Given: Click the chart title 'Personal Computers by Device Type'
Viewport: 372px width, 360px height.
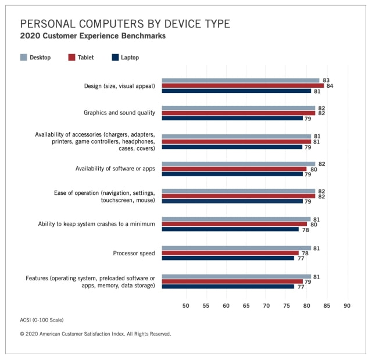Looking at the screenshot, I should pyautogui.click(x=125, y=23).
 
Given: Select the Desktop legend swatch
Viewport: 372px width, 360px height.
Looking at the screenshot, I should pyautogui.click(x=24, y=58).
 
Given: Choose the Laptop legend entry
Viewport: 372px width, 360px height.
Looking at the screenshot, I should pyautogui.click(x=125, y=58).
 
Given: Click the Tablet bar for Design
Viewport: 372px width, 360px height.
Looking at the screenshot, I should pyautogui.click(x=242, y=85).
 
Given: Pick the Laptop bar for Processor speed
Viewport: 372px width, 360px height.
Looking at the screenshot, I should pyautogui.click(x=228, y=258).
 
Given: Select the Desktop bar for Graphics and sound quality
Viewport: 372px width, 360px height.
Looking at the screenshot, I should pyautogui.click(x=238, y=108).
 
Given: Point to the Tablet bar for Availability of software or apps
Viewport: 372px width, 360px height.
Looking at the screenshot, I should pyautogui.click(x=234, y=169).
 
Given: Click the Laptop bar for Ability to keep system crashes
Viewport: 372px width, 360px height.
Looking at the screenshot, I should pyautogui.click(x=230, y=230).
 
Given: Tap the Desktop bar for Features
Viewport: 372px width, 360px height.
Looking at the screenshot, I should pyautogui.click(x=236, y=276).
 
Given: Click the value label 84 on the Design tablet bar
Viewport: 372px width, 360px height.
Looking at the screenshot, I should pyautogui.click(x=330, y=85).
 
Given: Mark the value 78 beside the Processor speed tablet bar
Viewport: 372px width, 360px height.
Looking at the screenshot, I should pyautogui.click(x=305, y=253).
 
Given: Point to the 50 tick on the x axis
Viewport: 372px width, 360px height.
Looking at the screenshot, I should pyautogui.click(x=186, y=305).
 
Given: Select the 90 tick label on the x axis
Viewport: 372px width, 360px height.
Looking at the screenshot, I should pyautogui.click(x=347, y=305).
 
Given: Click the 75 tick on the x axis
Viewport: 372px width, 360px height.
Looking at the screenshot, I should pyautogui.click(x=287, y=305).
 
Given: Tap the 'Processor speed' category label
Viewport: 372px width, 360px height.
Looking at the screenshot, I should pyautogui.click(x=134, y=253).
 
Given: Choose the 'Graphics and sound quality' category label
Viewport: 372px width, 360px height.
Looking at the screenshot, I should pyautogui.click(x=119, y=113).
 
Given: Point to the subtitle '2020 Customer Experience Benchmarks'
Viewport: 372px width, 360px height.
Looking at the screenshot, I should pyautogui.click(x=93, y=36).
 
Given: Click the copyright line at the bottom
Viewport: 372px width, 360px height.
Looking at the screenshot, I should pyautogui.click(x=95, y=334).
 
